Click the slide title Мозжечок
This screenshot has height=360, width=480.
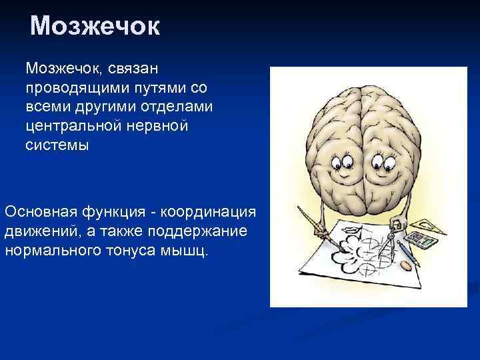click(x=95, y=27)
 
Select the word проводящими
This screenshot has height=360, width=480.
click(x=74, y=87)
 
